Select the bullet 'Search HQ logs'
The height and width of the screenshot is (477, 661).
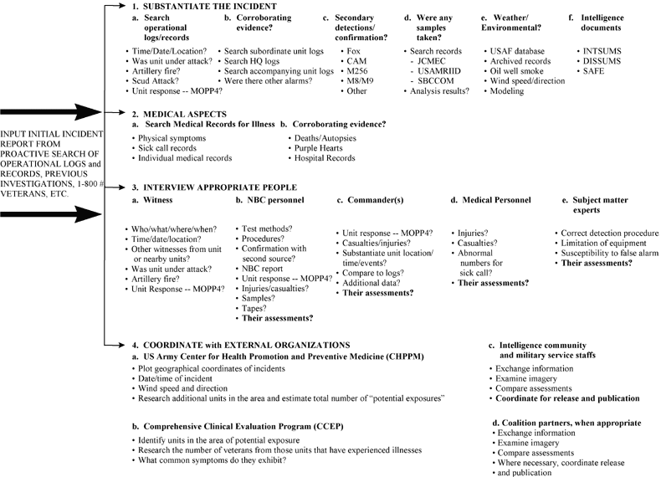tap(252, 62)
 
